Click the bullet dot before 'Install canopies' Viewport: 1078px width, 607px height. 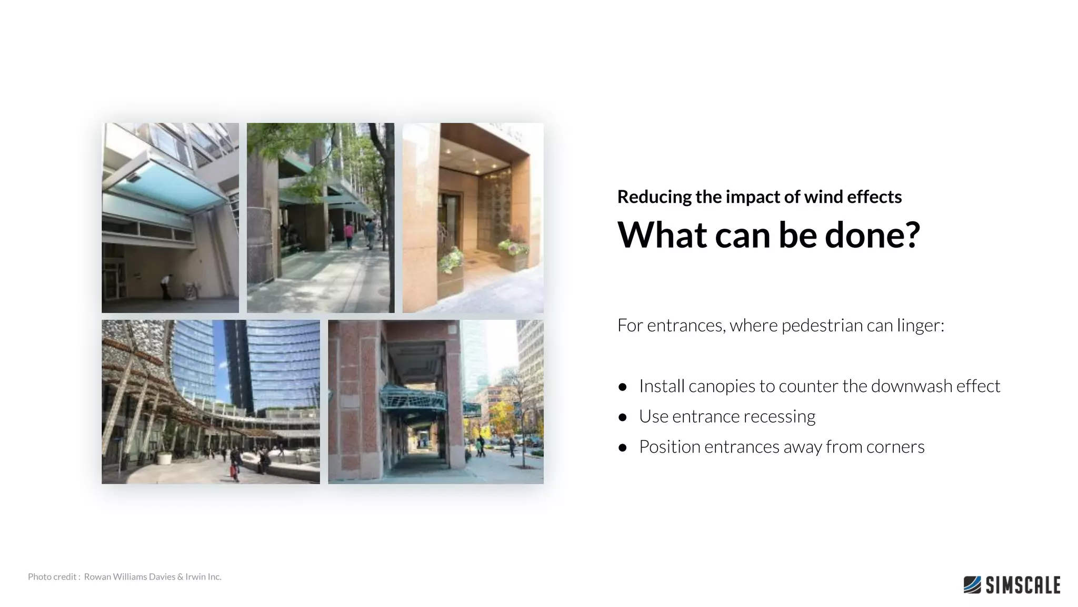[x=623, y=387]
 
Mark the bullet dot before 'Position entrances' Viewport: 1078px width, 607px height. [x=623, y=448]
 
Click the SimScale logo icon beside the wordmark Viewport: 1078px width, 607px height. [x=972, y=585]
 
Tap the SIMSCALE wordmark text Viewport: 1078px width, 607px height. [x=1023, y=585]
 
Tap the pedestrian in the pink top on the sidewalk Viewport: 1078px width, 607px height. [x=348, y=234]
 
